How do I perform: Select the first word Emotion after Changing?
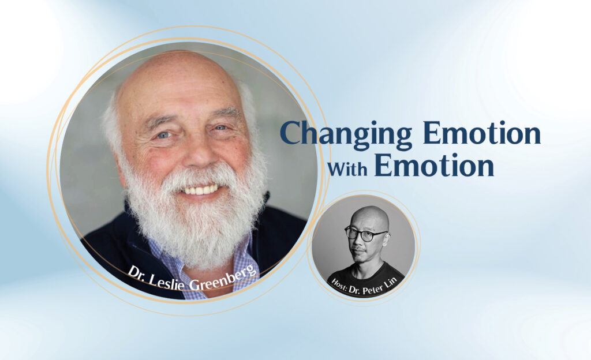pos(481,133)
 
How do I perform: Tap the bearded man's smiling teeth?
pos(199,190)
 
